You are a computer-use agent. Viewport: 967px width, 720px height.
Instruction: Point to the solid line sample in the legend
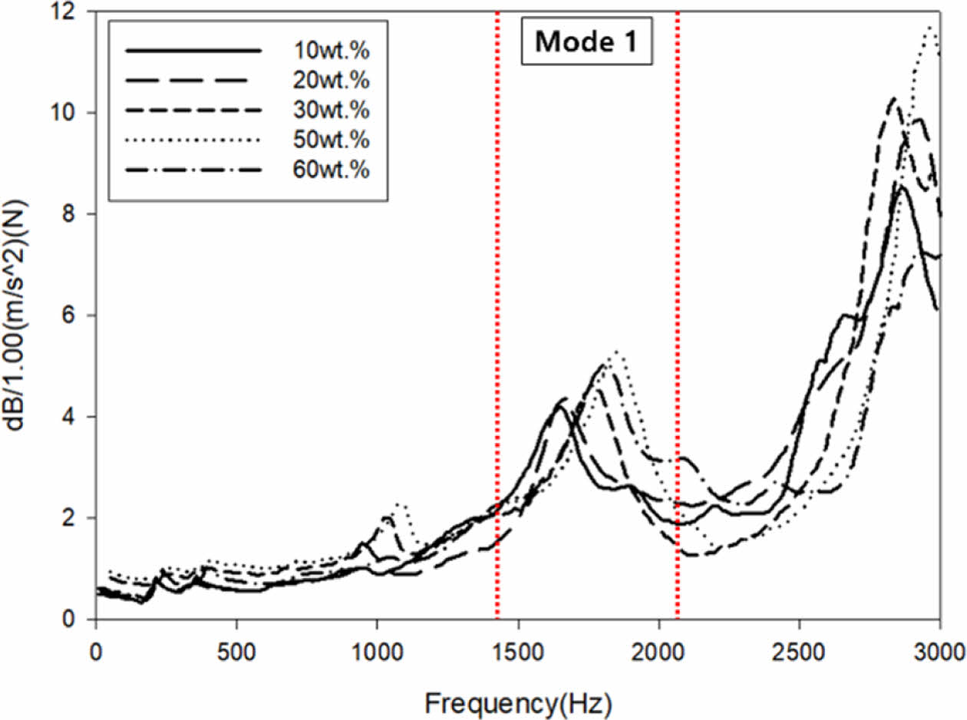(193, 51)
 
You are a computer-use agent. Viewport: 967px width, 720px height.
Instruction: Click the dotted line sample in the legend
(193, 140)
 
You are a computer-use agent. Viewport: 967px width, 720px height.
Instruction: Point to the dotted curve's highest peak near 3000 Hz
(930, 28)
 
